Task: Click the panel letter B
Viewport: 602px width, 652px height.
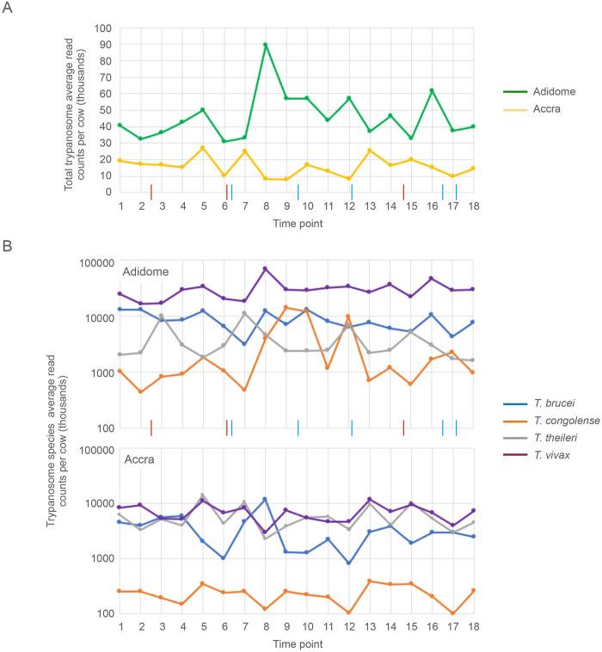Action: tap(9, 246)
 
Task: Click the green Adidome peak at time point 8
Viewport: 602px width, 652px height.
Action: tap(266, 45)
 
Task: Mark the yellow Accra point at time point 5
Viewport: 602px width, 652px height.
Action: tap(204, 148)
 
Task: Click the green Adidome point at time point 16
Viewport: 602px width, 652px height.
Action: tap(432, 90)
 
